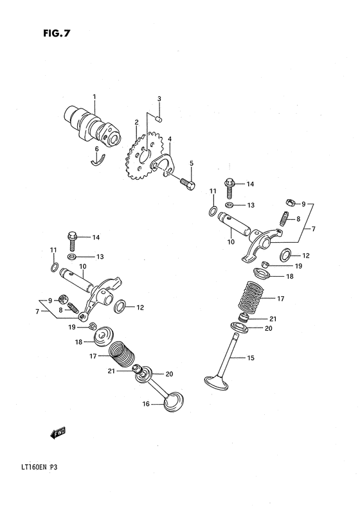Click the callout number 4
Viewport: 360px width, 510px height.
[x=169, y=139]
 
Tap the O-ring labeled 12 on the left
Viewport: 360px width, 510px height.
[x=120, y=307]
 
